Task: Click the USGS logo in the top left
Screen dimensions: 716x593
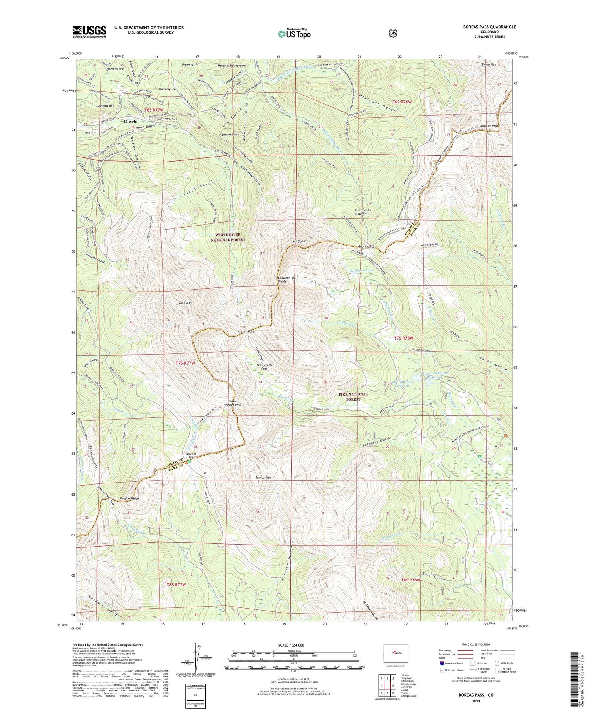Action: coord(89,31)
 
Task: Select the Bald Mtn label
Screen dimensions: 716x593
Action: coord(185,303)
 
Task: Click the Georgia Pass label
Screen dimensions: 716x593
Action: coord(366,246)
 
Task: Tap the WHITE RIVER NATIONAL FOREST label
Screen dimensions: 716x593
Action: coord(230,237)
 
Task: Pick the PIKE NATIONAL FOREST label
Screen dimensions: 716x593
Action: coord(353,397)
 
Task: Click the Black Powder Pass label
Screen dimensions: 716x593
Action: coord(232,403)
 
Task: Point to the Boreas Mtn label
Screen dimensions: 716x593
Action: coord(263,477)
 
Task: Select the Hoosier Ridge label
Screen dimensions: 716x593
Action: coord(129,499)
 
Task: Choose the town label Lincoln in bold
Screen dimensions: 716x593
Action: coord(131,121)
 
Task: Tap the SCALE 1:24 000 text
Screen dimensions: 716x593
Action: coord(291,645)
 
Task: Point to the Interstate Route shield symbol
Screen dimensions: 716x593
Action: coord(442,663)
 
